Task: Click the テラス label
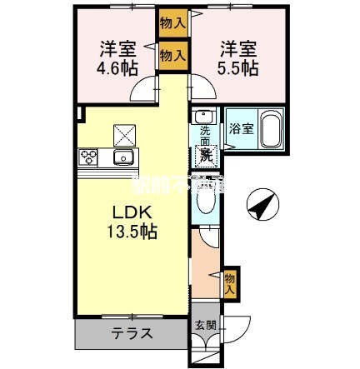tap(132, 333)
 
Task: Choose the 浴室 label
tap(239, 130)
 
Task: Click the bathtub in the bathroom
tap(271, 132)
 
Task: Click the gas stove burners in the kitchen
tap(89, 157)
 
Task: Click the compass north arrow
tap(262, 203)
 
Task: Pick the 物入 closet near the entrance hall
tap(231, 284)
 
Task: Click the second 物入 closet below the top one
tap(172, 57)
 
